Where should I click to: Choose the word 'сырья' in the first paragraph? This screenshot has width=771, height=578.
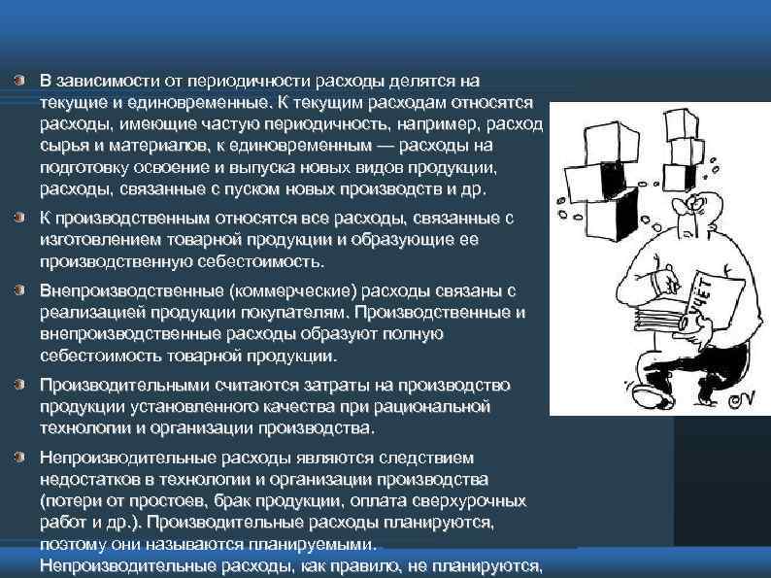point(62,146)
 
